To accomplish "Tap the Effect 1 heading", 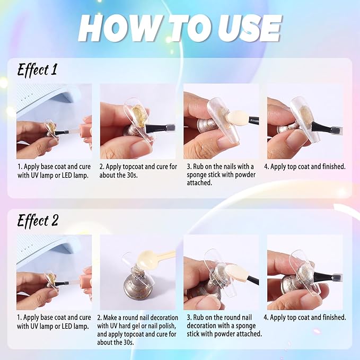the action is click(x=37, y=70).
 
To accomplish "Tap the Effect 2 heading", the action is click(x=38, y=221).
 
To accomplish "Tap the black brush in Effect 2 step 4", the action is click(x=322, y=277).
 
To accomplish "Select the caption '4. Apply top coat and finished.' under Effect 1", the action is click(x=305, y=166).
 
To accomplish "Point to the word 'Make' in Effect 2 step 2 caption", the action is click(x=111, y=318).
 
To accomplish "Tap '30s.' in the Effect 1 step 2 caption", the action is click(x=132, y=175).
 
